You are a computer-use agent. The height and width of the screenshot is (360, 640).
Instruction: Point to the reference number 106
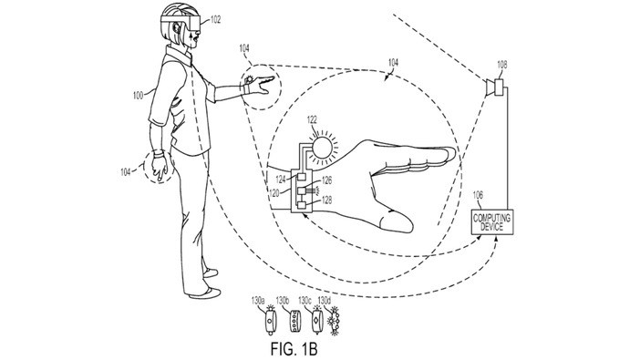[479, 194]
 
